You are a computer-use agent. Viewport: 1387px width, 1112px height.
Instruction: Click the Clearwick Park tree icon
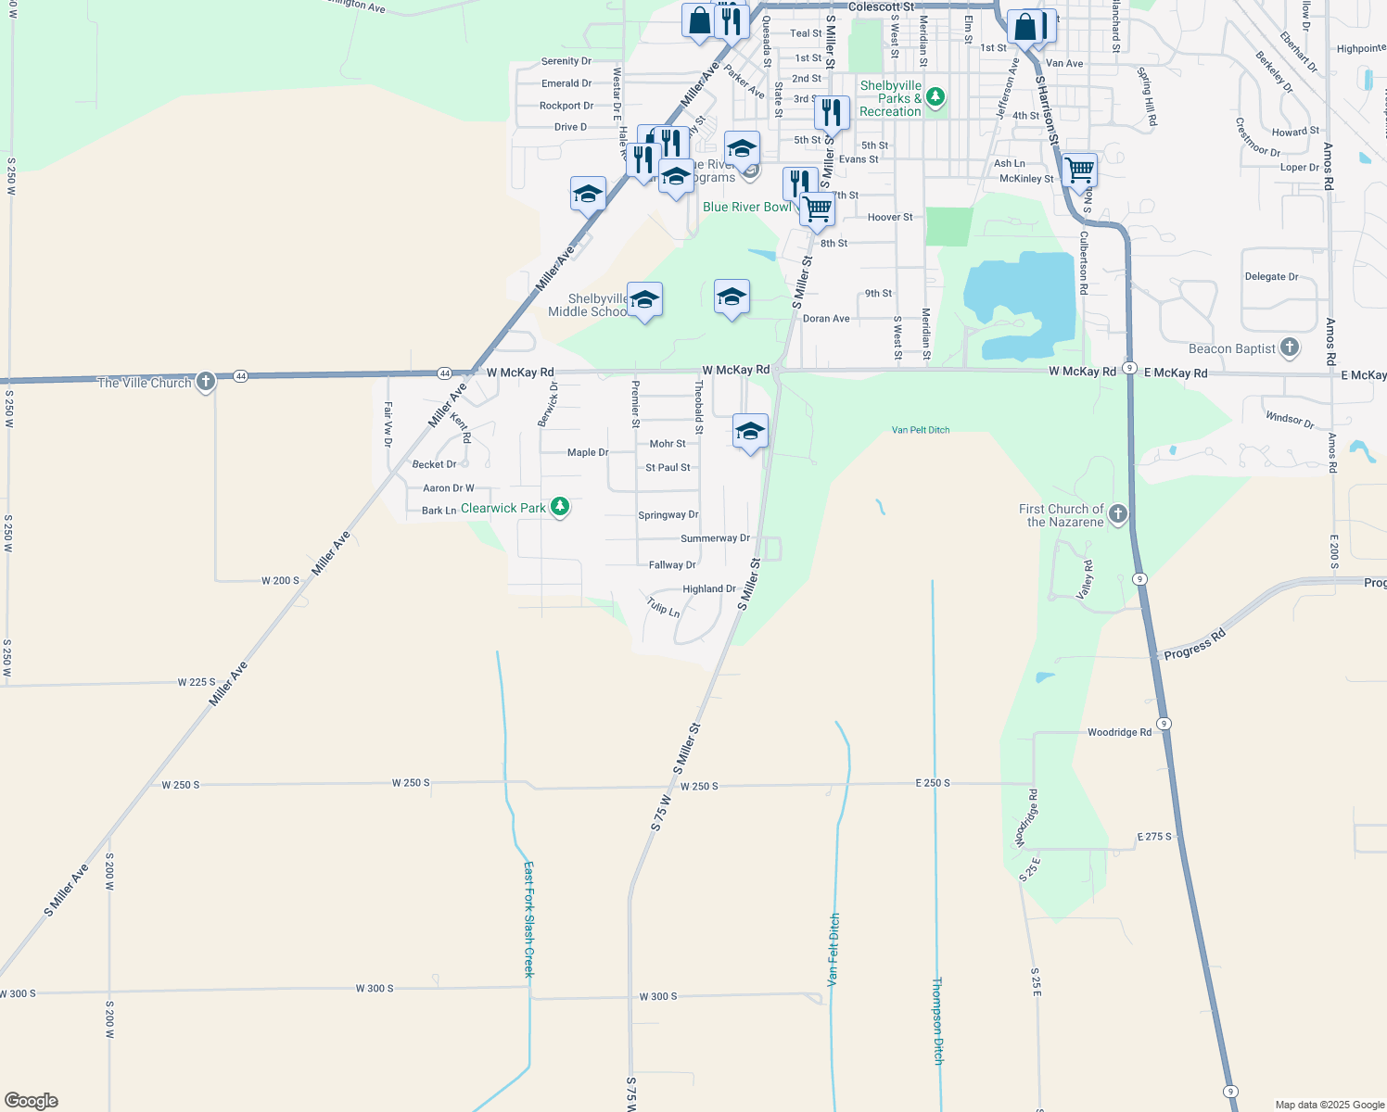[559, 506]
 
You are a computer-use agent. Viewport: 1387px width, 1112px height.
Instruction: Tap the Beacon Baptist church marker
[1290, 348]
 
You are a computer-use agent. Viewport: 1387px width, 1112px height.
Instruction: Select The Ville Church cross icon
[206, 381]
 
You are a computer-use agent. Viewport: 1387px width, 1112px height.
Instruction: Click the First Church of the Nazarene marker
[1118, 514]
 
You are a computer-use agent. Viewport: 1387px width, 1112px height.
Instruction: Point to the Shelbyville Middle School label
[588, 305]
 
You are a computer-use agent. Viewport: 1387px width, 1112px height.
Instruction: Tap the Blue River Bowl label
[747, 207]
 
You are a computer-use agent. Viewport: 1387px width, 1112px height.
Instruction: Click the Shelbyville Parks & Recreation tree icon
[935, 96]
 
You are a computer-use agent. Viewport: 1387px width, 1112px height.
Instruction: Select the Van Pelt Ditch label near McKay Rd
[921, 430]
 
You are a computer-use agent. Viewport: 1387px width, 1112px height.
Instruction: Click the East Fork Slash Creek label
[528, 918]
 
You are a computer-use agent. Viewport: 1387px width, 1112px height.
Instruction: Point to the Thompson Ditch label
[937, 1020]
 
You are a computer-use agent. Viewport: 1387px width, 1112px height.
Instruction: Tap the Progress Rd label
[1195, 644]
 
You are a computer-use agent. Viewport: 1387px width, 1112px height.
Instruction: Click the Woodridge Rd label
[1119, 732]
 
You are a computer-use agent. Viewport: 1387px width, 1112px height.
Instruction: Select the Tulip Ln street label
[664, 608]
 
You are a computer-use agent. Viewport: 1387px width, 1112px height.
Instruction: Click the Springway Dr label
[668, 514]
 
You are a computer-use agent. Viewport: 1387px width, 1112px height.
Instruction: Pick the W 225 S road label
[197, 682]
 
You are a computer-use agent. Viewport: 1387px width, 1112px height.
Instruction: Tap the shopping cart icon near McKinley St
[1079, 171]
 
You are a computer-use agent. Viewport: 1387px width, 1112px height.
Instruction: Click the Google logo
[32, 1100]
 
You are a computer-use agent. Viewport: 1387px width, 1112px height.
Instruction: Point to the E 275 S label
[1154, 837]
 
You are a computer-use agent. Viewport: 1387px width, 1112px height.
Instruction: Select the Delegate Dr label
[1271, 276]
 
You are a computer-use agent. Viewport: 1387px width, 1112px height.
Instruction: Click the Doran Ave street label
[826, 318]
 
